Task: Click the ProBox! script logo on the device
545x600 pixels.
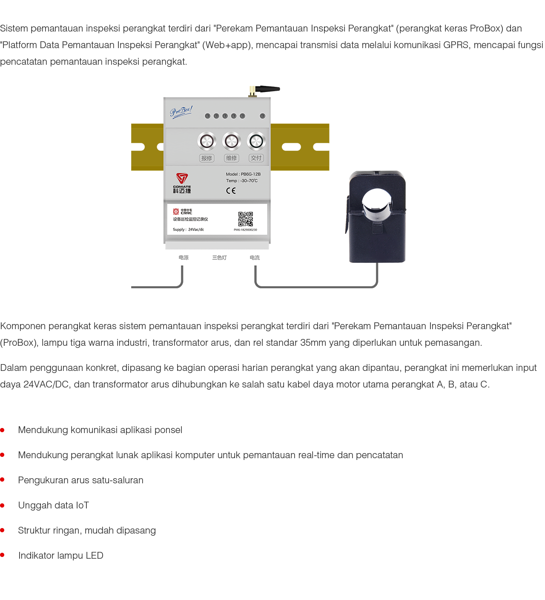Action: coord(181,112)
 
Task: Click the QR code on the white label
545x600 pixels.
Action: coord(245,219)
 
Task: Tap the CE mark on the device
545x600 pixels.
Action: coord(231,190)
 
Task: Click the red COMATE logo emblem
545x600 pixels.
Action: coord(182,178)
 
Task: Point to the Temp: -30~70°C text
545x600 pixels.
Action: coord(241,181)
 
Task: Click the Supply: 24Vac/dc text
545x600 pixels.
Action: coord(188,230)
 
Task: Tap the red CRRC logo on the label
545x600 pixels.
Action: coord(176,212)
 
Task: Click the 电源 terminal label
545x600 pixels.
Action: coord(184,258)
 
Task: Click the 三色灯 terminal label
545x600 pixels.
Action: coord(219,258)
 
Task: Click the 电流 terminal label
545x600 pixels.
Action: coord(255,258)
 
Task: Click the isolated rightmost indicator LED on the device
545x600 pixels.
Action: coord(262,116)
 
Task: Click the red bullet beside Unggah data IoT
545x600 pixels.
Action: coord(3,505)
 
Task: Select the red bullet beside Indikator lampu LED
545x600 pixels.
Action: coord(3,555)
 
